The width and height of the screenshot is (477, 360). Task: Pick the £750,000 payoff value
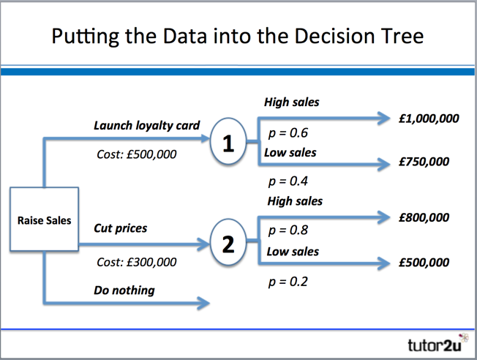click(x=424, y=162)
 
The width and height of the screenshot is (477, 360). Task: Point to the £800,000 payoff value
click(x=424, y=217)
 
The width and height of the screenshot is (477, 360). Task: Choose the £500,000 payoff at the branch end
click(x=424, y=263)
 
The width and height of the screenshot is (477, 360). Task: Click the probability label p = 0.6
click(x=288, y=134)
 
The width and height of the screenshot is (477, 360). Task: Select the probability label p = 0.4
click(x=288, y=180)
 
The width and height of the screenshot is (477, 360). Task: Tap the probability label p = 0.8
click(x=288, y=230)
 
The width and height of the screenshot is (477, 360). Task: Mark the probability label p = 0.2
click(x=288, y=282)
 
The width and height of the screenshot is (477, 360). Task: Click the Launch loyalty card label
click(x=146, y=125)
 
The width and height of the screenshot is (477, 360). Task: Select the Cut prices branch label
click(x=120, y=228)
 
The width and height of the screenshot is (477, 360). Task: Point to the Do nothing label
click(x=124, y=290)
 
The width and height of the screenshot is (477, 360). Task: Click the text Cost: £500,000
click(x=137, y=154)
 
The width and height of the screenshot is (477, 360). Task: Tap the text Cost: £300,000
click(x=137, y=261)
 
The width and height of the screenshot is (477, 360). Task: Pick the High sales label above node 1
click(x=291, y=102)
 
